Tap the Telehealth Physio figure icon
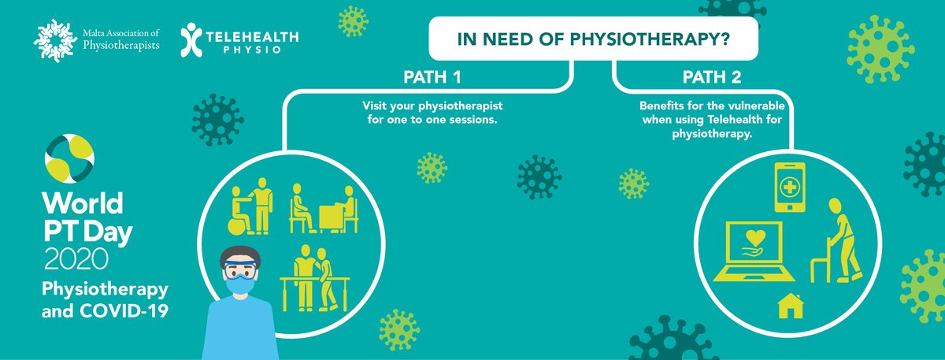click(191, 38)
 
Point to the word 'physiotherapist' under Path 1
click(462, 105)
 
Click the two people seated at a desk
click(323, 208)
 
